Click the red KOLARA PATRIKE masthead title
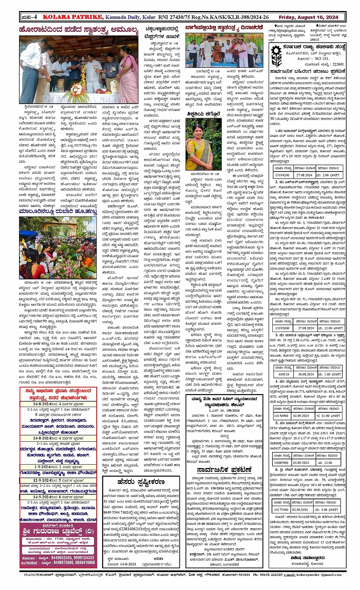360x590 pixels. point(72,17)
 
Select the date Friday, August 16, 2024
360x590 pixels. point(308,17)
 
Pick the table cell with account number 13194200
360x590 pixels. point(282,175)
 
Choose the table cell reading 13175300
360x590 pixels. point(281,509)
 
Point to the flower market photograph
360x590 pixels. point(58,248)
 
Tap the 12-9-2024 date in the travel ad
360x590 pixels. point(42,480)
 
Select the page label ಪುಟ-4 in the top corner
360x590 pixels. point(29,17)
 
